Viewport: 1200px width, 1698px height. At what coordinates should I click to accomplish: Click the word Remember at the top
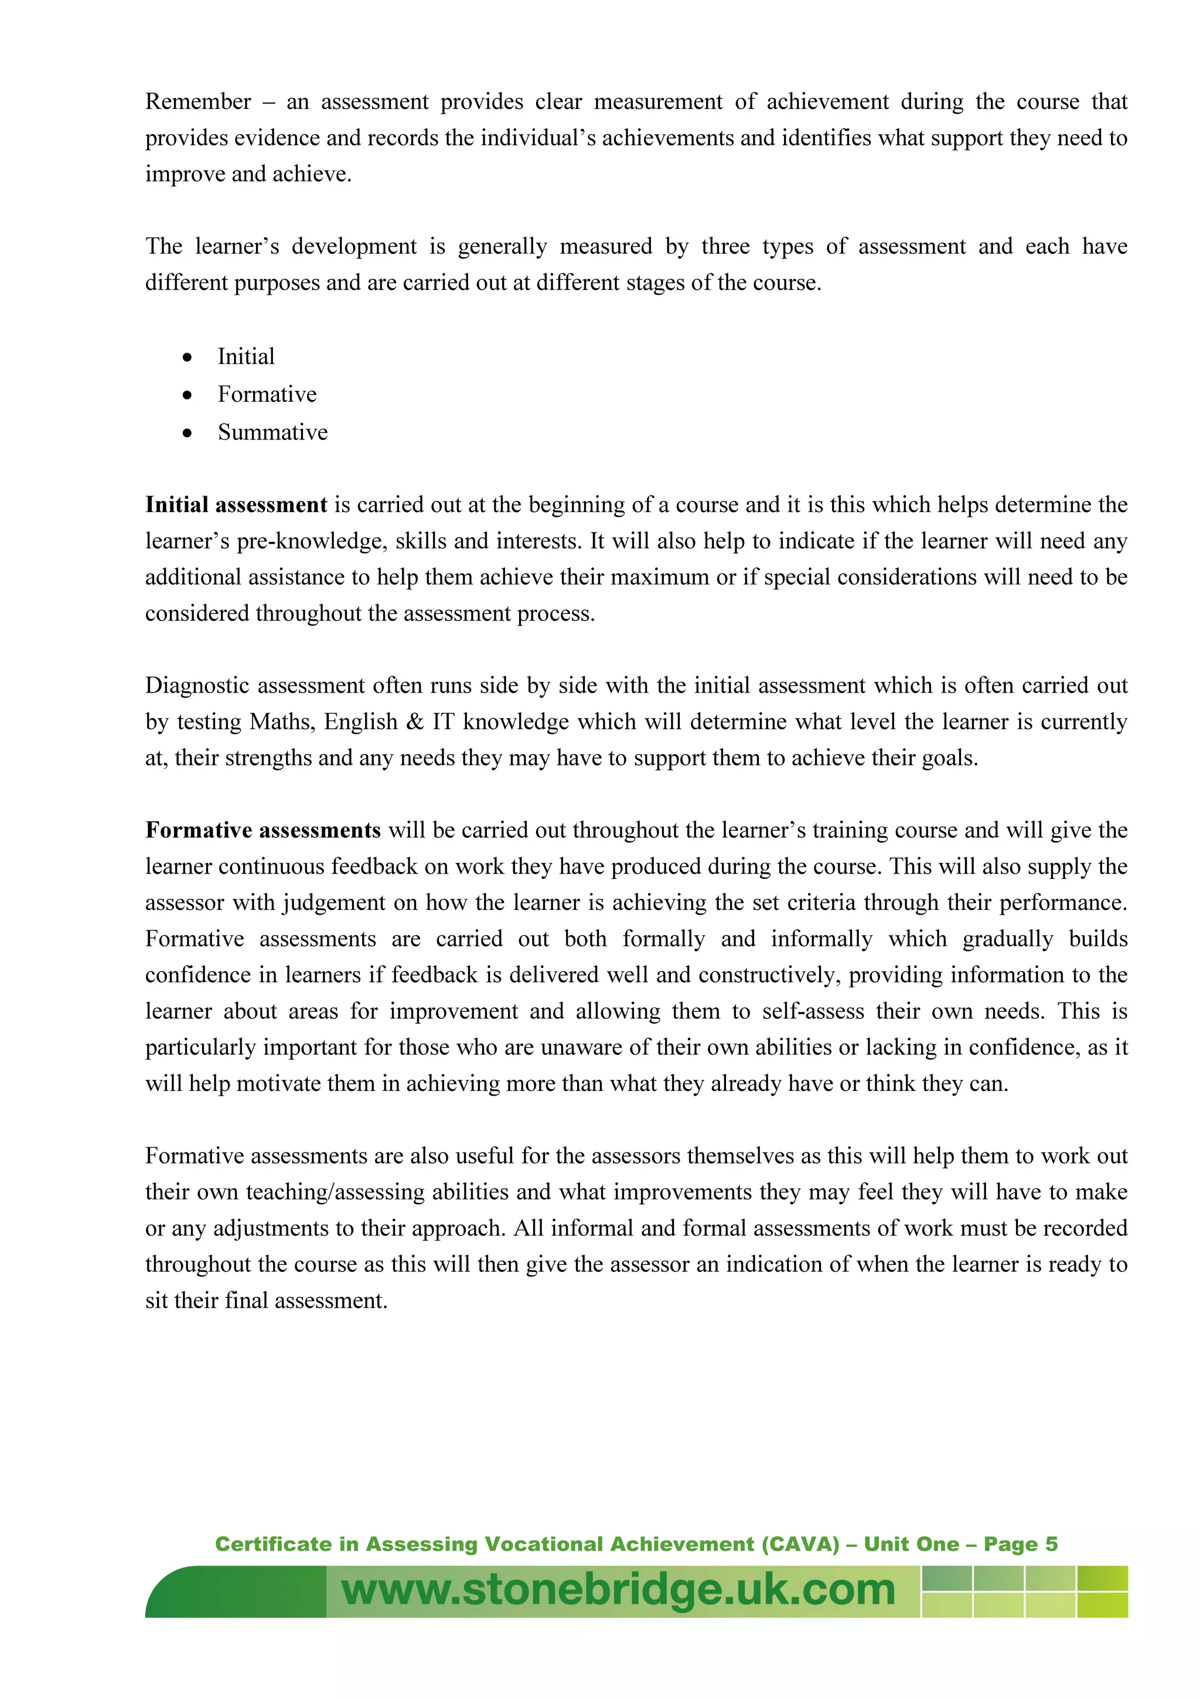(197, 101)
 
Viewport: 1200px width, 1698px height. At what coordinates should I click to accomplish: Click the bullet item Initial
(246, 356)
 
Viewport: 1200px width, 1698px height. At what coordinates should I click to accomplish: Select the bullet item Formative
(267, 394)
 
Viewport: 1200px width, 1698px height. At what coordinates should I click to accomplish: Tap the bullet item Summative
(272, 432)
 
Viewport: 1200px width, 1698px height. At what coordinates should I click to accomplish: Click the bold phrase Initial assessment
(236, 504)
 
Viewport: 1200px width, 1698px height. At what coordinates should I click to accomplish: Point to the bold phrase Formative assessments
(262, 830)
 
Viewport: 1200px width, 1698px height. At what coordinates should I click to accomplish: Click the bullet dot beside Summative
(188, 432)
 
